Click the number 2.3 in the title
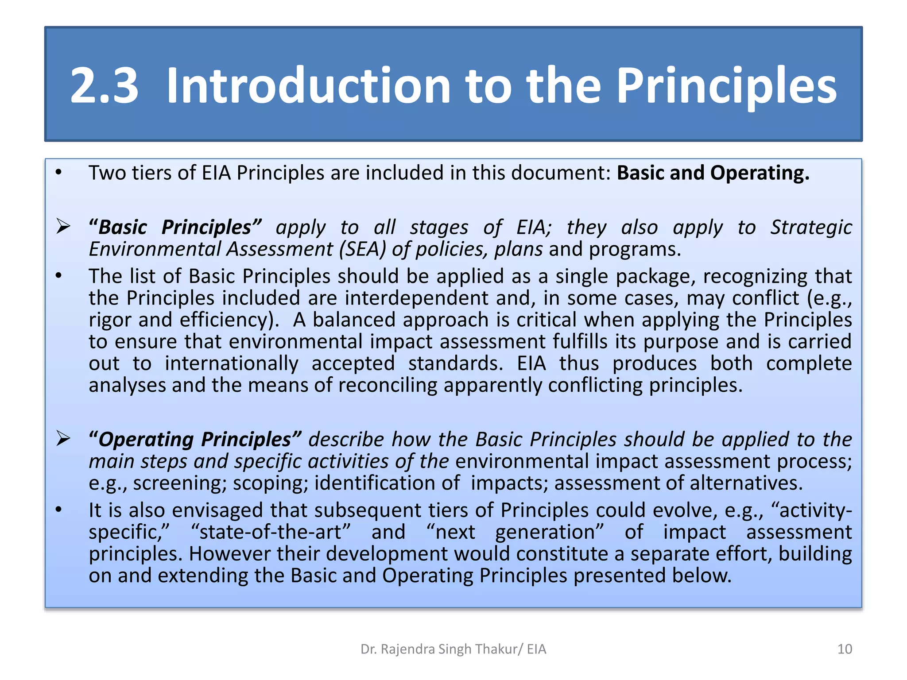coord(104,85)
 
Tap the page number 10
coord(845,649)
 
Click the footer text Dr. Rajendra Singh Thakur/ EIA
coord(453,649)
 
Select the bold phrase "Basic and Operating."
coord(713,173)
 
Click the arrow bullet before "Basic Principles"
coord(63,227)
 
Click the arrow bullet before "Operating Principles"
coord(63,439)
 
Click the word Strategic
coord(811,227)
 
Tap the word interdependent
coord(416,298)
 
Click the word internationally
coord(231,363)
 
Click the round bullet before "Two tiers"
coord(58,173)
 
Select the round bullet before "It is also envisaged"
coord(58,510)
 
